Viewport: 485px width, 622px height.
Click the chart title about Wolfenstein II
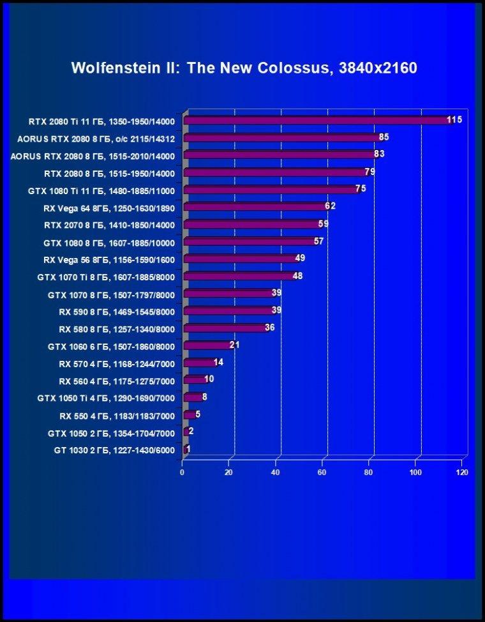pyautogui.click(x=244, y=68)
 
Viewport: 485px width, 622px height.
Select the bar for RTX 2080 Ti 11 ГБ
pyautogui.click(x=319, y=120)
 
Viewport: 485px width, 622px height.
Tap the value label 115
pyautogui.click(x=454, y=120)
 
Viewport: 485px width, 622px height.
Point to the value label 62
pyautogui.click(x=330, y=206)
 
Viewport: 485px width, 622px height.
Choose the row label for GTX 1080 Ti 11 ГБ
pyautogui.click(x=101, y=191)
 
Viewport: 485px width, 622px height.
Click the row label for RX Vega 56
pyautogui.click(x=109, y=260)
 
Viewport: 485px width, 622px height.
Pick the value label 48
pyautogui.click(x=297, y=276)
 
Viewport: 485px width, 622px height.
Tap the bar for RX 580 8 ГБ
pyautogui.click(x=226, y=328)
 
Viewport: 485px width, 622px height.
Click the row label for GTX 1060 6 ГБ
pyautogui.click(x=112, y=347)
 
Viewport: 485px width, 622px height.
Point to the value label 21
pyautogui.click(x=234, y=345)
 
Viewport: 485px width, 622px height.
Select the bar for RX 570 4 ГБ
pyautogui.click(x=200, y=363)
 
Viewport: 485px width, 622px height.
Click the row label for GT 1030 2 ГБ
pyautogui.click(x=114, y=451)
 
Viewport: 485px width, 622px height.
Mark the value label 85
pyautogui.click(x=384, y=137)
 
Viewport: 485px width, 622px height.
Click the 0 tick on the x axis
pyautogui.click(x=183, y=473)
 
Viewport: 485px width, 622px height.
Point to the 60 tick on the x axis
pyautogui.click(x=322, y=473)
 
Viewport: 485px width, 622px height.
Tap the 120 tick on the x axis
pyautogui.click(x=462, y=473)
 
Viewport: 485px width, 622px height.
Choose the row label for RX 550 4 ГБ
pyautogui.click(x=117, y=416)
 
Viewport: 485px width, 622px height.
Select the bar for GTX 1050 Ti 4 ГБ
pyautogui.click(x=193, y=397)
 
